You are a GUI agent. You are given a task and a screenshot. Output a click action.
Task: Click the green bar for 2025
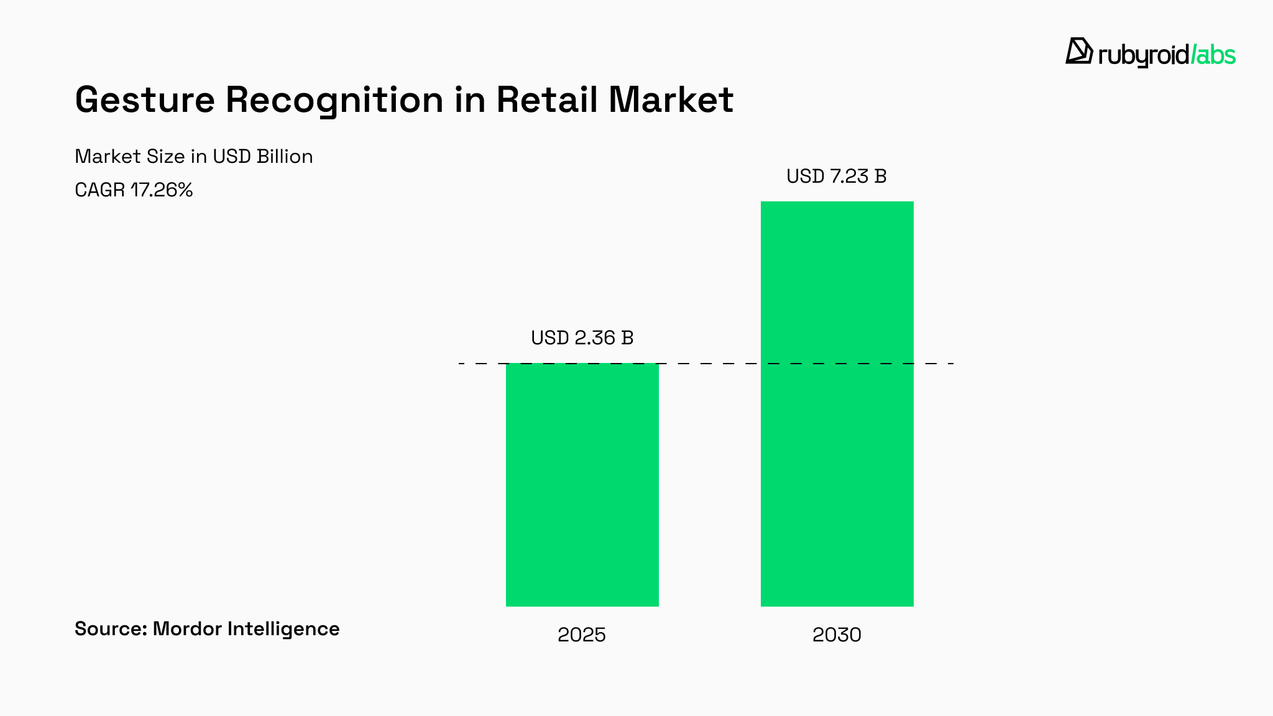pyautogui.click(x=582, y=485)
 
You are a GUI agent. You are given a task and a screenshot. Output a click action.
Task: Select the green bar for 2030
pyautogui.click(x=837, y=404)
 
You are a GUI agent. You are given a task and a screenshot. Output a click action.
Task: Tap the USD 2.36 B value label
pyautogui.click(x=582, y=337)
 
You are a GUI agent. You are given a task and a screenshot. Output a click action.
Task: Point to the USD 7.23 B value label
pyautogui.click(x=836, y=177)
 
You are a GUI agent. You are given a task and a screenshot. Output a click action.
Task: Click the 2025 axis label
pyautogui.click(x=581, y=635)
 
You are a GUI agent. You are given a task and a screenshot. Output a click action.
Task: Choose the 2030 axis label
pyautogui.click(x=837, y=635)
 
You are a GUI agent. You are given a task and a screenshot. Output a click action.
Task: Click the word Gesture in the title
pyautogui.click(x=145, y=99)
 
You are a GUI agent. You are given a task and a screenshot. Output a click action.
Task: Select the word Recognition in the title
pyautogui.click(x=334, y=99)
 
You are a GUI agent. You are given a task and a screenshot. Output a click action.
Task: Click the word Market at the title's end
pyautogui.click(x=671, y=99)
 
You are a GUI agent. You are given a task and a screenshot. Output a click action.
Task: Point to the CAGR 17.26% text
pyautogui.click(x=134, y=190)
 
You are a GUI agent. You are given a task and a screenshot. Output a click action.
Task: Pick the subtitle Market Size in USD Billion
pyautogui.click(x=194, y=156)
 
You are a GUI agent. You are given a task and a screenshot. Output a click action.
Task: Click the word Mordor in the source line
pyautogui.click(x=187, y=628)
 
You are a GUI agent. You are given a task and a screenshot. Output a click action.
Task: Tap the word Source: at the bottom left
pyautogui.click(x=111, y=628)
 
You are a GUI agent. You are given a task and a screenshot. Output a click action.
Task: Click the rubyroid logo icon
pyautogui.click(x=1079, y=51)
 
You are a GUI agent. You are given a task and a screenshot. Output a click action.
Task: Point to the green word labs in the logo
pyautogui.click(x=1215, y=55)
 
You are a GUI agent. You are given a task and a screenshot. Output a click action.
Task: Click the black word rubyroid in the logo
pyautogui.click(x=1144, y=55)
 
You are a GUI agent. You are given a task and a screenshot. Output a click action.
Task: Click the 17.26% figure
pyautogui.click(x=162, y=190)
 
